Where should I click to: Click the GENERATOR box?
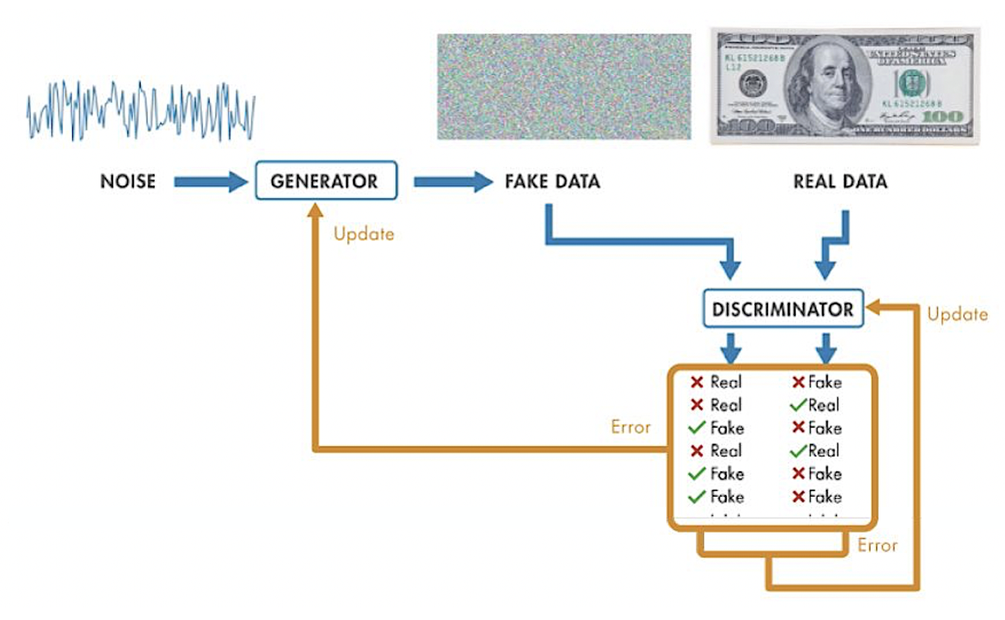click(324, 181)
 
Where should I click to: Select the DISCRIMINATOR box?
click(783, 309)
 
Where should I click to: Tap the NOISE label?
click(128, 181)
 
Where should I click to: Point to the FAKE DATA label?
click(552, 181)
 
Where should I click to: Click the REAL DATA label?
click(840, 181)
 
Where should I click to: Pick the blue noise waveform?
click(141, 110)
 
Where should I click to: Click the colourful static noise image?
click(563, 86)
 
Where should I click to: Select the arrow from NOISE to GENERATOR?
click(210, 181)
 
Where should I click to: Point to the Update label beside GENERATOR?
click(363, 234)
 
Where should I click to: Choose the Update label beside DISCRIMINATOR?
click(957, 314)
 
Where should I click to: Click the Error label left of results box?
click(630, 427)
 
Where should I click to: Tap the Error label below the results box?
click(877, 545)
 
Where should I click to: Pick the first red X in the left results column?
click(697, 382)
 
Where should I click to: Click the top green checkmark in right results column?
click(798, 405)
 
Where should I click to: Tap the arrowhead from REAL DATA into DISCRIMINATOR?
click(825, 271)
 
